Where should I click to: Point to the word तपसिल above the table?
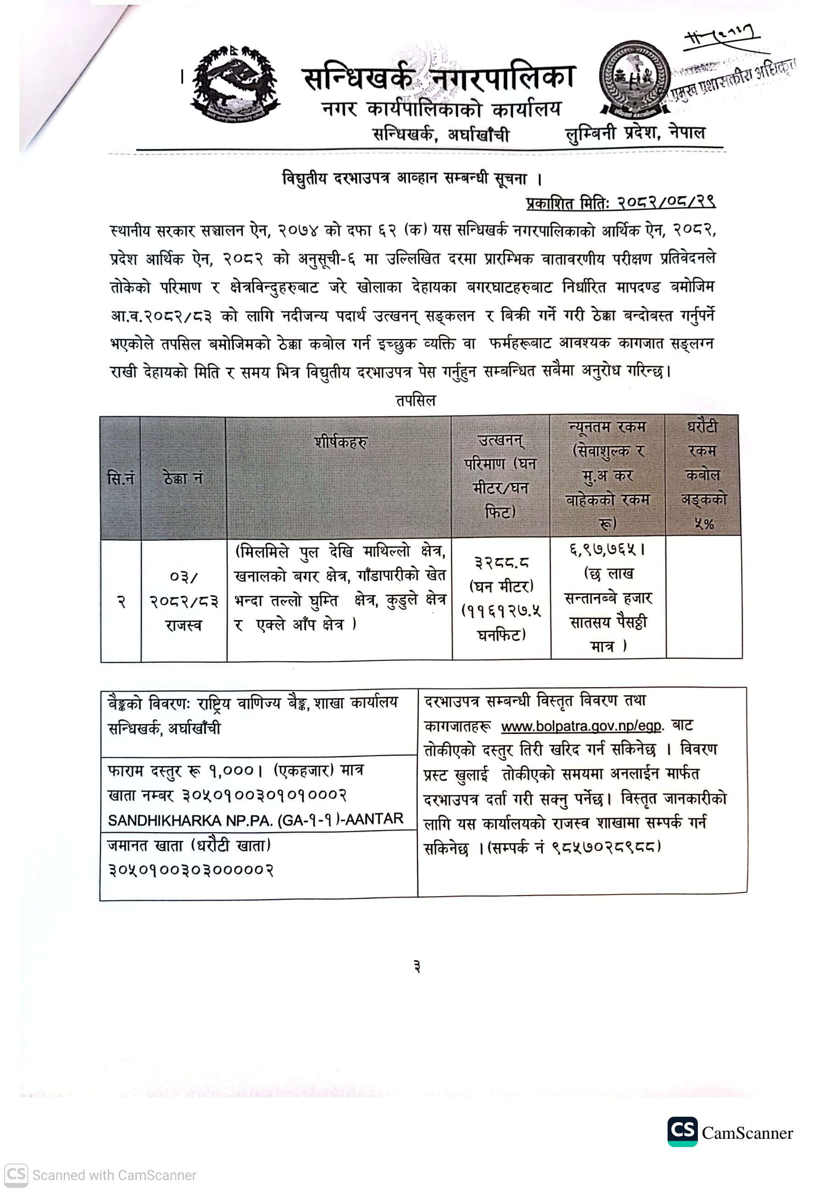(416, 400)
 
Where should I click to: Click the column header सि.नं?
(121, 478)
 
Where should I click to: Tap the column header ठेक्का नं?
(183, 478)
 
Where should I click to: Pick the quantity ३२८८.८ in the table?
(501, 563)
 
